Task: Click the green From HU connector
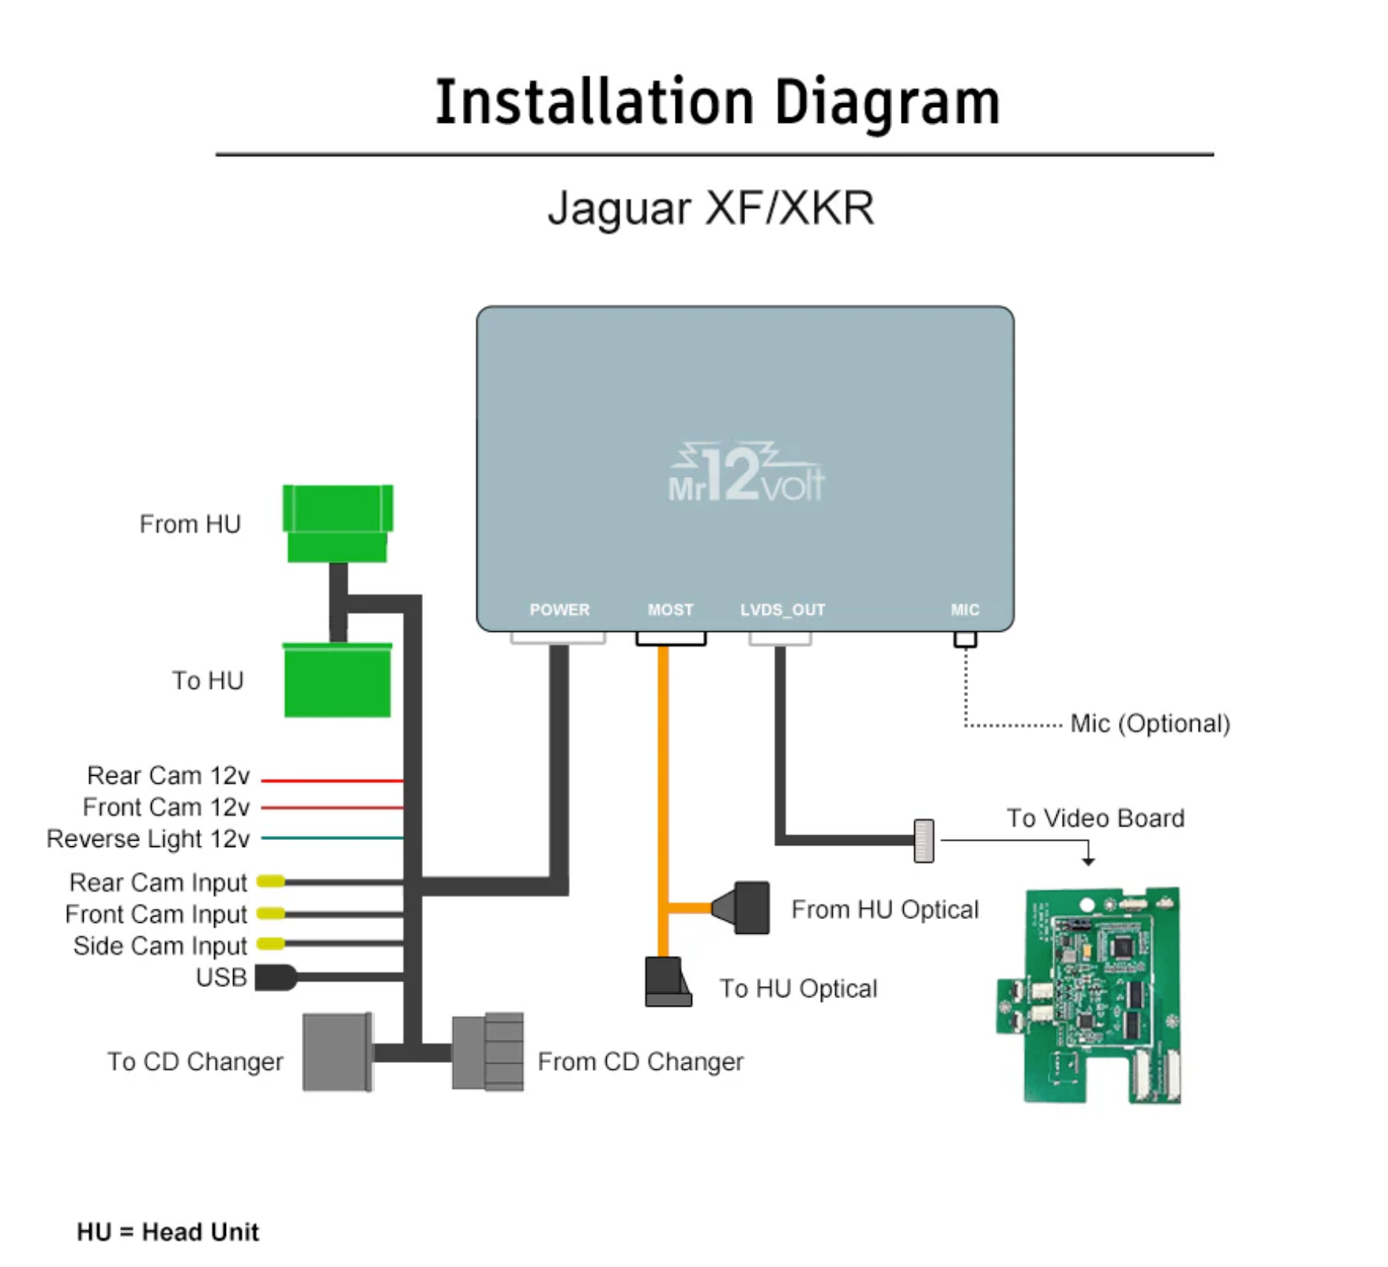[x=337, y=522]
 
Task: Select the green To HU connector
[x=337, y=680]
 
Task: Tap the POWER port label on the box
[x=559, y=609]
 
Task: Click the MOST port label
[x=670, y=609]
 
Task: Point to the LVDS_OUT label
[x=782, y=609]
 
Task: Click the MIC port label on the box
[x=964, y=609]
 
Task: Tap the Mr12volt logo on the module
[x=745, y=473]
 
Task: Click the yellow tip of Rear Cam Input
[x=271, y=881]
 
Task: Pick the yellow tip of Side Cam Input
[x=271, y=944]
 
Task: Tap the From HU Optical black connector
[x=744, y=908]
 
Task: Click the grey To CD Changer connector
[x=337, y=1052]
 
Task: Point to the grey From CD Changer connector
[x=488, y=1052]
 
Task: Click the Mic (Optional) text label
[x=1149, y=723]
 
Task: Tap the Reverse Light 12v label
[x=148, y=838]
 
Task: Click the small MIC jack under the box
[x=965, y=639]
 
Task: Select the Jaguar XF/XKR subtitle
[x=710, y=208]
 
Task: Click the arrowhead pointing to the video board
[x=1088, y=861]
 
